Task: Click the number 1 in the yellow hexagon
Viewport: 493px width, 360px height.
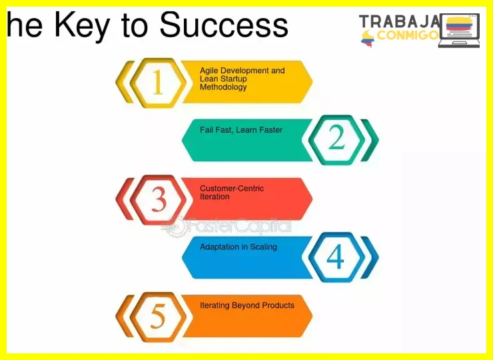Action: (158, 82)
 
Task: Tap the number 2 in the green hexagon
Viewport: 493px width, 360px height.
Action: (336, 137)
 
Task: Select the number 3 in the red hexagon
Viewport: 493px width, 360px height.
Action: (159, 199)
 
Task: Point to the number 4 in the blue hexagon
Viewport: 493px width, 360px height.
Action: (336, 257)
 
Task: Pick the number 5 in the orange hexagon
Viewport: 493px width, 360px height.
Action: (158, 316)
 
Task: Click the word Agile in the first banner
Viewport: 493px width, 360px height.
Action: (209, 71)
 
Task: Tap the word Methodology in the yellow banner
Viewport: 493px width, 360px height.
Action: (223, 87)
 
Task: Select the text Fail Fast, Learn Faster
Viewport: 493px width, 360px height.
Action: (241, 130)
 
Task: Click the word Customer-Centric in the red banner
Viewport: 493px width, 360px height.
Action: (232, 189)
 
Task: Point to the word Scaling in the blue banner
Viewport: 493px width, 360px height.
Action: (263, 247)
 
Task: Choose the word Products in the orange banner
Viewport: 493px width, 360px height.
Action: (278, 305)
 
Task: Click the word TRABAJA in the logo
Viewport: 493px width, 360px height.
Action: (399, 22)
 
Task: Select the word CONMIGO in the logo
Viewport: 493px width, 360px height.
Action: (408, 35)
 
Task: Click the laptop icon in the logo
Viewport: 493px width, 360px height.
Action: (459, 31)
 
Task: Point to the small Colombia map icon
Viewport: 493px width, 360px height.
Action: (368, 39)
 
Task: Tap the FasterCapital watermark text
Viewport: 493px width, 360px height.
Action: (237, 226)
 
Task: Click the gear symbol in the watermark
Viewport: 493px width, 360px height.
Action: (174, 227)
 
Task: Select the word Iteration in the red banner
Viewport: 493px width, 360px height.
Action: (215, 197)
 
